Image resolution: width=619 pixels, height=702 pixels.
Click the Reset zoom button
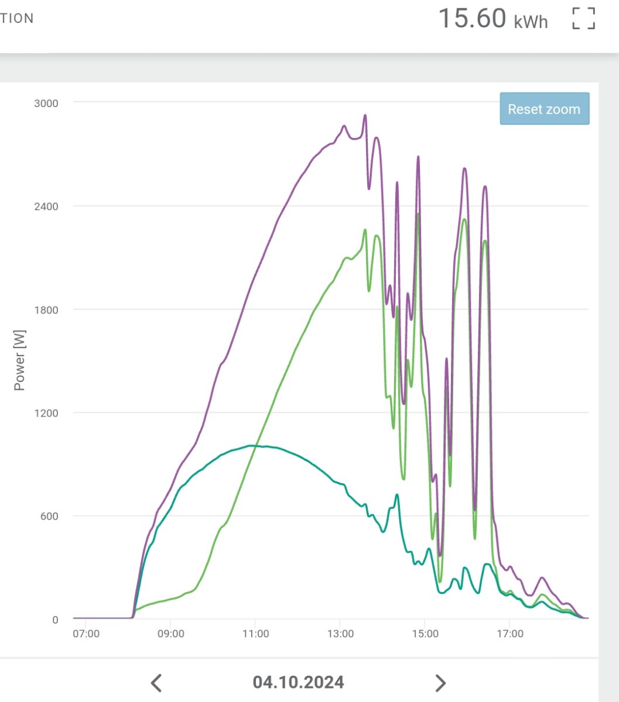click(x=544, y=109)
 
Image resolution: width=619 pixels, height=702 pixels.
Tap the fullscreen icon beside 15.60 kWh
click(x=583, y=18)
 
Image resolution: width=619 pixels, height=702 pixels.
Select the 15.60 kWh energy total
click(x=493, y=19)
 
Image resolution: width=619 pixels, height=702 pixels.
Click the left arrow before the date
click(x=156, y=682)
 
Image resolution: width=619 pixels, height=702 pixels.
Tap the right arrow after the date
click(x=440, y=682)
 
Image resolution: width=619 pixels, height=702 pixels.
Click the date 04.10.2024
click(x=298, y=682)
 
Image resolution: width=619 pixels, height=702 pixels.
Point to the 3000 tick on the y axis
click(x=46, y=103)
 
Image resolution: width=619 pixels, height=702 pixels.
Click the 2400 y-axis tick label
click(x=46, y=207)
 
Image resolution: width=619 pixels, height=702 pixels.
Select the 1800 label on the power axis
click(x=46, y=310)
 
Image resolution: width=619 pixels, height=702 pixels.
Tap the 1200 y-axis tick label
click(x=46, y=413)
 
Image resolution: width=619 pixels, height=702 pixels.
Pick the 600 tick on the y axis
click(x=49, y=517)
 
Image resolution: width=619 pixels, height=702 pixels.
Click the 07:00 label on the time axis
click(x=86, y=634)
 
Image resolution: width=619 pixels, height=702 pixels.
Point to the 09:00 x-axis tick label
click(x=170, y=634)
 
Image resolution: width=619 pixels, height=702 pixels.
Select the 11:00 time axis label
click(x=255, y=634)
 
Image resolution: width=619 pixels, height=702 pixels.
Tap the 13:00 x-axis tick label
click(x=340, y=634)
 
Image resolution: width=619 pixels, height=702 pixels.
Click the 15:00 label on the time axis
click(x=425, y=634)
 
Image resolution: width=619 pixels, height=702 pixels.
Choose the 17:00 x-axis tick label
click(x=509, y=634)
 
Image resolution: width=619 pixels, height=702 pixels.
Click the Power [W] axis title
click(x=19, y=360)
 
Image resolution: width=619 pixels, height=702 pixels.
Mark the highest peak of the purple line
click(x=365, y=115)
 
